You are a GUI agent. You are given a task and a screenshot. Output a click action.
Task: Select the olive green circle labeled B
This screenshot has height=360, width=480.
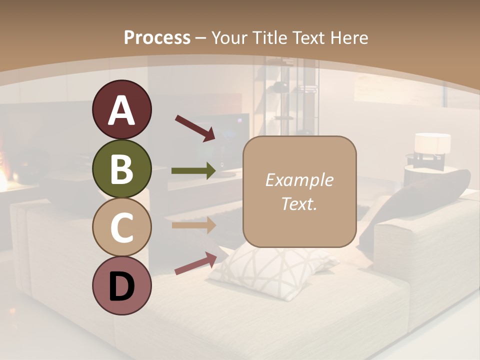click(x=121, y=169)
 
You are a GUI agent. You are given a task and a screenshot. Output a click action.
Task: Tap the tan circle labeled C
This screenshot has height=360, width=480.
click(x=121, y=227)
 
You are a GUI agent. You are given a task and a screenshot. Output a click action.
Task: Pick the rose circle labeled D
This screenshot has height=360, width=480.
click(x=121, y=286)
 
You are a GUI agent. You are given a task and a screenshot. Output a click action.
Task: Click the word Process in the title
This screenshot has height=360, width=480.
click(x=157, y=38)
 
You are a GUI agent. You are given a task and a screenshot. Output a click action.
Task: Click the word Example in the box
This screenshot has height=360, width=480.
click(x=299, y=180)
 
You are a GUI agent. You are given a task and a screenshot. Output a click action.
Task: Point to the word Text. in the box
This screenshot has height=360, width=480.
click(x=299, y=203)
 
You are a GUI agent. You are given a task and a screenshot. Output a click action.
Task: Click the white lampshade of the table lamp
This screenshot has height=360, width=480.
click(x=432, y=143)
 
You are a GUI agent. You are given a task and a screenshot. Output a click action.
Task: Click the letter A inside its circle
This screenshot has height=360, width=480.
click(x=121, y=110)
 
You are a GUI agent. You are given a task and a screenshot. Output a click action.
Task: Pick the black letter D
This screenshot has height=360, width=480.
click(x=121, y=286)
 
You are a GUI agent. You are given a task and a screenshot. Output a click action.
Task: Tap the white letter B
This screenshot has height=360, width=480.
click(x=121, y=169)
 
